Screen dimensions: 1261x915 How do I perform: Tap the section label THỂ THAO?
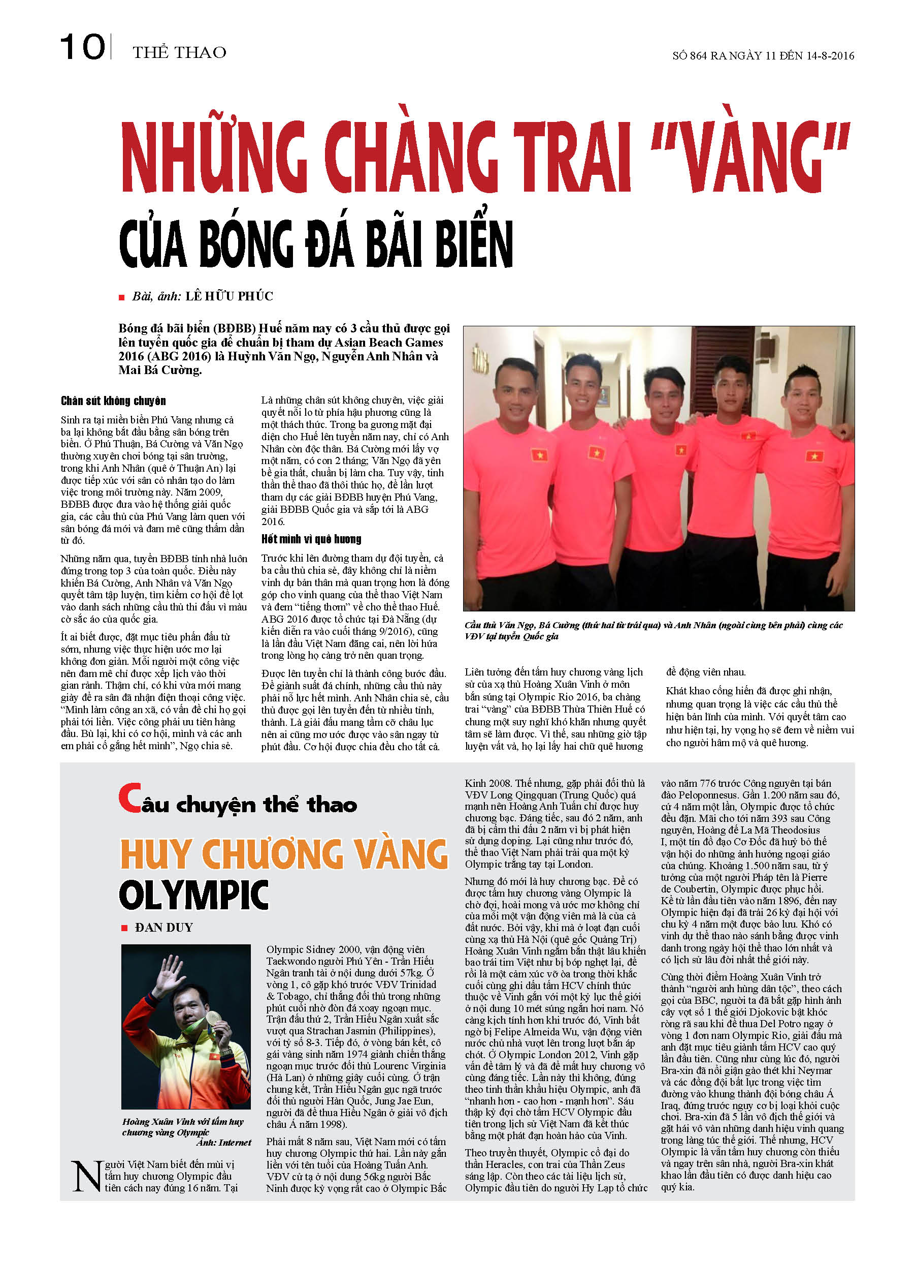179,52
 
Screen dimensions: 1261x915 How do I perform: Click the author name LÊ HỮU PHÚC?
229,296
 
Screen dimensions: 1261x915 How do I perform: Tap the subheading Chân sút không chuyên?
113,401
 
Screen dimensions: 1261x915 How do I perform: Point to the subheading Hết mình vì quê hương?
311,539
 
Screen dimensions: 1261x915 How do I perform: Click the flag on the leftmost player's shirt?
539,456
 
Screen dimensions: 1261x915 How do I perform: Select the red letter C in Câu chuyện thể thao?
129,798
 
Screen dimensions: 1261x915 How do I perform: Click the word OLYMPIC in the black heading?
194,896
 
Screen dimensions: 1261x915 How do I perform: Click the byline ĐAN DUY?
164,928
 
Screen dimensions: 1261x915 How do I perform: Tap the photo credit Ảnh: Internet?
223,1143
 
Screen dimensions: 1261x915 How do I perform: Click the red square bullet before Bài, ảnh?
122,297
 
